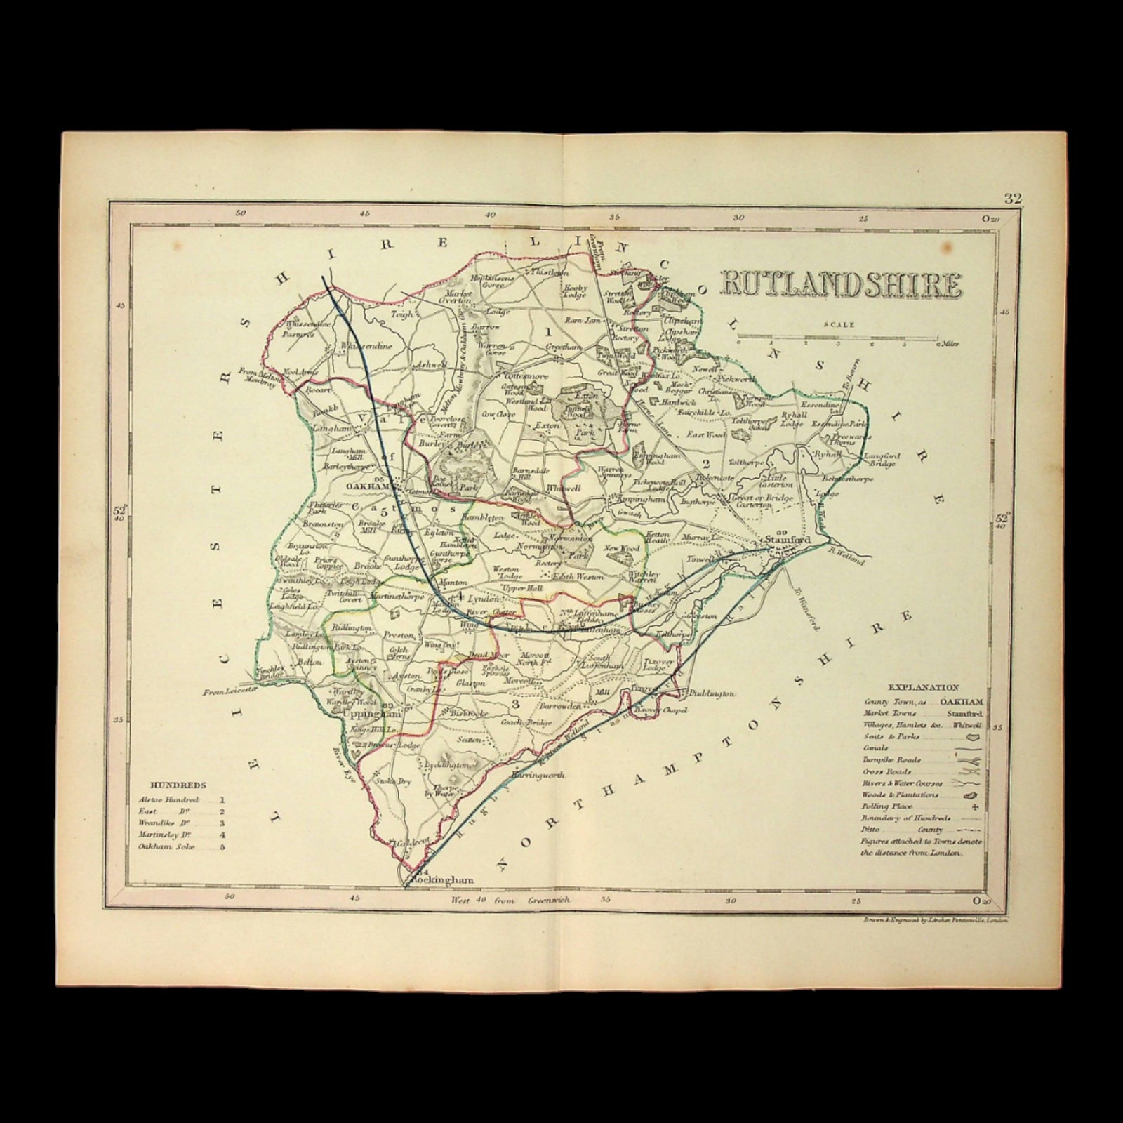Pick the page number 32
1012,199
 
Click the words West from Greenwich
514,899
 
